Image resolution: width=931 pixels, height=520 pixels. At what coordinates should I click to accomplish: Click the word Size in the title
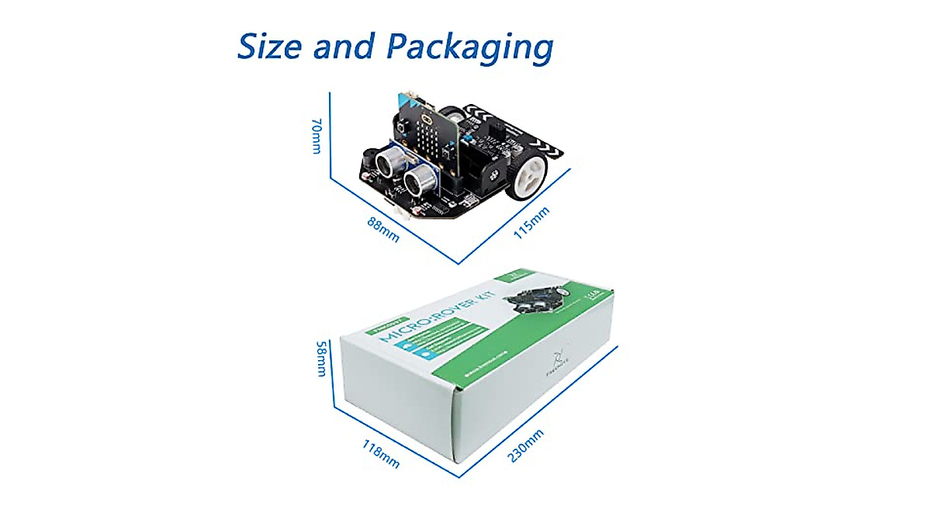pos(269,46)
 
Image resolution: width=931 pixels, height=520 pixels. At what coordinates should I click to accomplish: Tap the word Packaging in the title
pos(470,48)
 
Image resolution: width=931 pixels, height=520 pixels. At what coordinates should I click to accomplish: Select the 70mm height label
pos(316,136)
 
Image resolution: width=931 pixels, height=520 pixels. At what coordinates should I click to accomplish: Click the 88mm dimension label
pos(383,229)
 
